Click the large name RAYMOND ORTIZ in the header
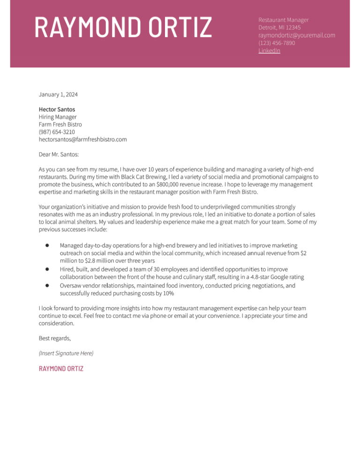(x=123, y=27)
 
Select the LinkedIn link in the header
(x=269, y=51)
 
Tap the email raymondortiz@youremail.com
(x=296, y=35)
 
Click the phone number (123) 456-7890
(x=277, y=43)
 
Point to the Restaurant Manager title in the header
(x=283, y=20)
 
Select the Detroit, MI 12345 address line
(x=279, y=28)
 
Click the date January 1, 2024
(x=58, y=95)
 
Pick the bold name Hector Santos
(x=57, y=109)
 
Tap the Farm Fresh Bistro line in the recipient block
(x=60, y=124)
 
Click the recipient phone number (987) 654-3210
(x=57, y=132)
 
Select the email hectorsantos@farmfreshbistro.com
(x=82, y=139)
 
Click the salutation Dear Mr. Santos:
(x=59, y=154)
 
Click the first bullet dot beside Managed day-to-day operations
(x=47, y=245)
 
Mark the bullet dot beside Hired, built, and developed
(x=47, y=270)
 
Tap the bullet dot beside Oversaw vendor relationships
(x=47, y=285)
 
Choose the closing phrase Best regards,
(x=54, y=338)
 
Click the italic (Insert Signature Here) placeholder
(x=66, y=353)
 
